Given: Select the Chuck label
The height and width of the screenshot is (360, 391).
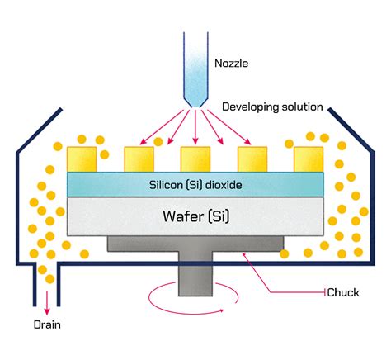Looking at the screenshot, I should (x=344, y=292).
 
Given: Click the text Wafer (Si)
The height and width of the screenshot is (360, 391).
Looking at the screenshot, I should (x=195, y=217).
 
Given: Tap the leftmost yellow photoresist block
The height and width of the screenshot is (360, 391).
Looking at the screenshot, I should (x=82, y=159).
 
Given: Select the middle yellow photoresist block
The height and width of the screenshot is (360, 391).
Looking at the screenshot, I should (x=195, y=159).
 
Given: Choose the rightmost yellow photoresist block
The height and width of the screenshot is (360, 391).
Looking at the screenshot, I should (x=308, y=159).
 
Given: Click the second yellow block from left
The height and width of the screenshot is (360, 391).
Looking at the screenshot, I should (x=138, y=159).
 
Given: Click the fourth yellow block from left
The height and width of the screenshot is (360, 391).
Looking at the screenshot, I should (x=252, y=159).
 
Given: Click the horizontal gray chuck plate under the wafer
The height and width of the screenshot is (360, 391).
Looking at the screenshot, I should (x=196, y=244).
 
